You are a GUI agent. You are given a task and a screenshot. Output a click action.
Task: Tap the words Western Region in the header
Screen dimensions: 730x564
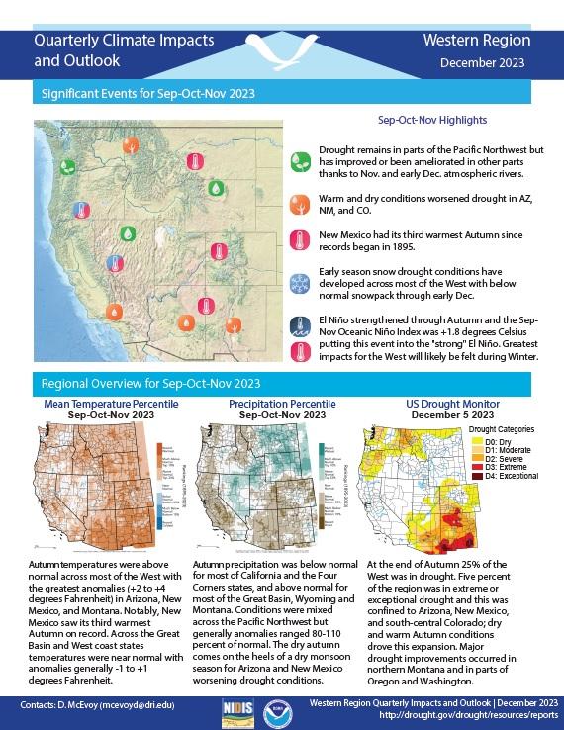476,41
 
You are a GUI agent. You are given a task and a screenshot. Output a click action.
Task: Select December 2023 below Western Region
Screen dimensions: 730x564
483,62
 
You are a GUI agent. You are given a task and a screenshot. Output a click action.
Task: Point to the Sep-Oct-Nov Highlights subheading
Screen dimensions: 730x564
432,120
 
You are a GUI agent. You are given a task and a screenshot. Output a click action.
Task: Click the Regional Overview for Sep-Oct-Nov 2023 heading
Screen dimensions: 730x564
149,382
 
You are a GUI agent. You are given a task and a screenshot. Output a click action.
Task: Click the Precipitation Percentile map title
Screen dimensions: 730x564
278,405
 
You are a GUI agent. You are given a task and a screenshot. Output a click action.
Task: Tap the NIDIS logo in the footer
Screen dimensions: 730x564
235,710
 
